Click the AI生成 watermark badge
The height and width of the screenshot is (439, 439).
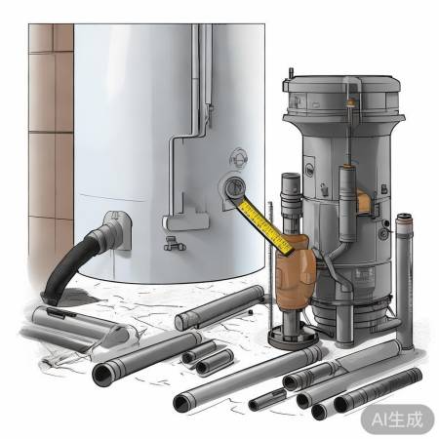coord(397,419)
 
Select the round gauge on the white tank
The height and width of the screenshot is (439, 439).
coord(234,187)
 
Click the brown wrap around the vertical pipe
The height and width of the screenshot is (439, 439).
coord(296,273)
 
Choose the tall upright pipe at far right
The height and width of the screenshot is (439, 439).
coord(404,281)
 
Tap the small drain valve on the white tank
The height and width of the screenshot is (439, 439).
coord(175,244)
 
